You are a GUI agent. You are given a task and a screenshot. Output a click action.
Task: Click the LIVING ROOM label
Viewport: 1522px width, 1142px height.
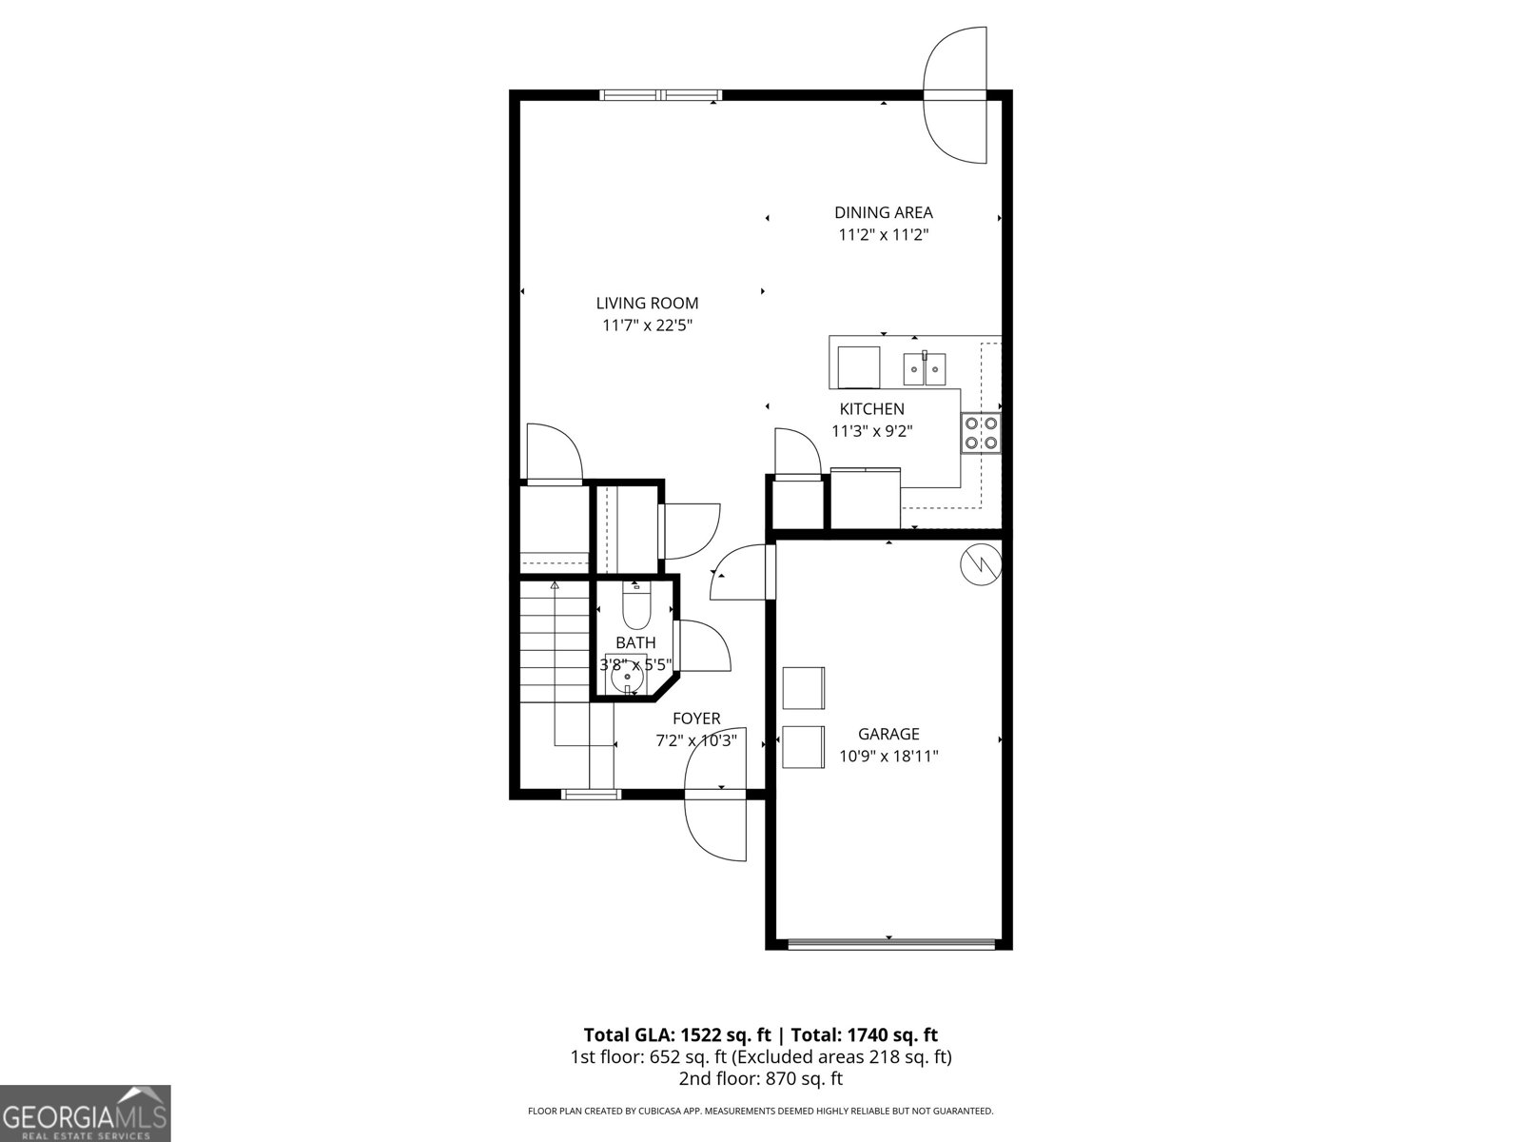(647, 304)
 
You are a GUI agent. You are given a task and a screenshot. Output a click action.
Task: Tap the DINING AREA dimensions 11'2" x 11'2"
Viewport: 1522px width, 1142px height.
(883, 235)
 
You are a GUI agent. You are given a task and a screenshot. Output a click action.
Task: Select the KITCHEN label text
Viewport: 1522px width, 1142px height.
(871, 409)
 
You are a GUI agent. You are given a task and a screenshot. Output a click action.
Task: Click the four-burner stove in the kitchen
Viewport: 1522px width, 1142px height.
(980, 433)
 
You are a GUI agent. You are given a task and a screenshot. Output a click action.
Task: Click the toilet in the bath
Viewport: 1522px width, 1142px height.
(635, 601)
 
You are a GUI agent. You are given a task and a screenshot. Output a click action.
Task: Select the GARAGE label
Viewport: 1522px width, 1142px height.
(888, 734)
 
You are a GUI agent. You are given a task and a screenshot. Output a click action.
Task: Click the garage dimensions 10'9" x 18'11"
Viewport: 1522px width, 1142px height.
(888, 757)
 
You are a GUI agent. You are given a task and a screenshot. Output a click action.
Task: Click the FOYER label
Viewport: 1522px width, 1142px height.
(696, 719)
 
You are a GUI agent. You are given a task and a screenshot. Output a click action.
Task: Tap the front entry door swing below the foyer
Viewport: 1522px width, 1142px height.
(716, 826)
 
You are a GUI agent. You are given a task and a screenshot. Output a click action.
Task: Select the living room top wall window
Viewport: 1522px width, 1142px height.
(661, 95)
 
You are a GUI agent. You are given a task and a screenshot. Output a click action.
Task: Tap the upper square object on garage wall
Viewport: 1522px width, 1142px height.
(803, 687)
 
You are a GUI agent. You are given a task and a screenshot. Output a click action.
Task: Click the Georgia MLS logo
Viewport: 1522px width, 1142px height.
(85, 1112)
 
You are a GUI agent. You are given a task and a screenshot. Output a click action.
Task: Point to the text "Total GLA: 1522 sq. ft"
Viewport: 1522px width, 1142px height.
(676, 1035)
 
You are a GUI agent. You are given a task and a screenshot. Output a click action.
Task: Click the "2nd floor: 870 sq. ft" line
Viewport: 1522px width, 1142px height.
(760, 1079)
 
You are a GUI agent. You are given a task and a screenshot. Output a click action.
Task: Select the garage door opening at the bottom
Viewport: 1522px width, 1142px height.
(891, 944)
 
